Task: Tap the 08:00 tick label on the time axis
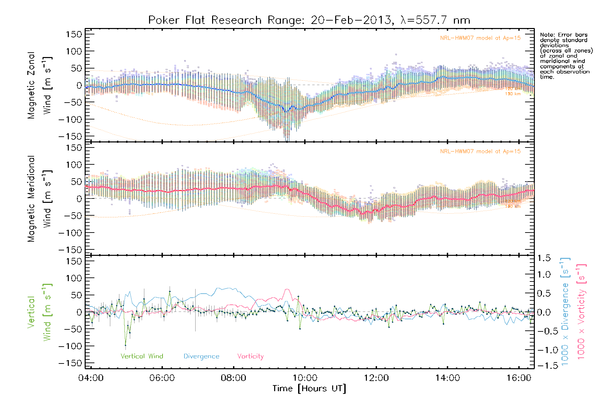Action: coord(233,378)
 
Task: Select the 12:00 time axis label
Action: coord(376,378)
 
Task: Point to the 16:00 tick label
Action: coord(519,378)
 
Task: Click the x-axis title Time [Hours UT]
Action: coord(309,388)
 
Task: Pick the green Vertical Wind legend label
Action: coord(142,356)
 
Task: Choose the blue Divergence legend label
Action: coord(201,356)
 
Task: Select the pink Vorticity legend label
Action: coord(250,356)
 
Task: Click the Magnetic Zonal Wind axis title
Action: coord(40,85)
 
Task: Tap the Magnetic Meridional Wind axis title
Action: coord(40,198)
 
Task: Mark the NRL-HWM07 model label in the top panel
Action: coord(480,38)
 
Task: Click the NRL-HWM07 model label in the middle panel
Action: coord(480,151)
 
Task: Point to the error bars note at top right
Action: coord(566,56)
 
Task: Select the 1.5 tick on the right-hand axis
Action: coord(544,258)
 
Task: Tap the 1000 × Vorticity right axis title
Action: coord(581,312)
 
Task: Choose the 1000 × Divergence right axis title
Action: coord(565,312)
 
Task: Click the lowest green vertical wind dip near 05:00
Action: coord(125,345)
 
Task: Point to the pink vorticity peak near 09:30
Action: coord(287,289)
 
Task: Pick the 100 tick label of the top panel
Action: coord(74,51)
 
